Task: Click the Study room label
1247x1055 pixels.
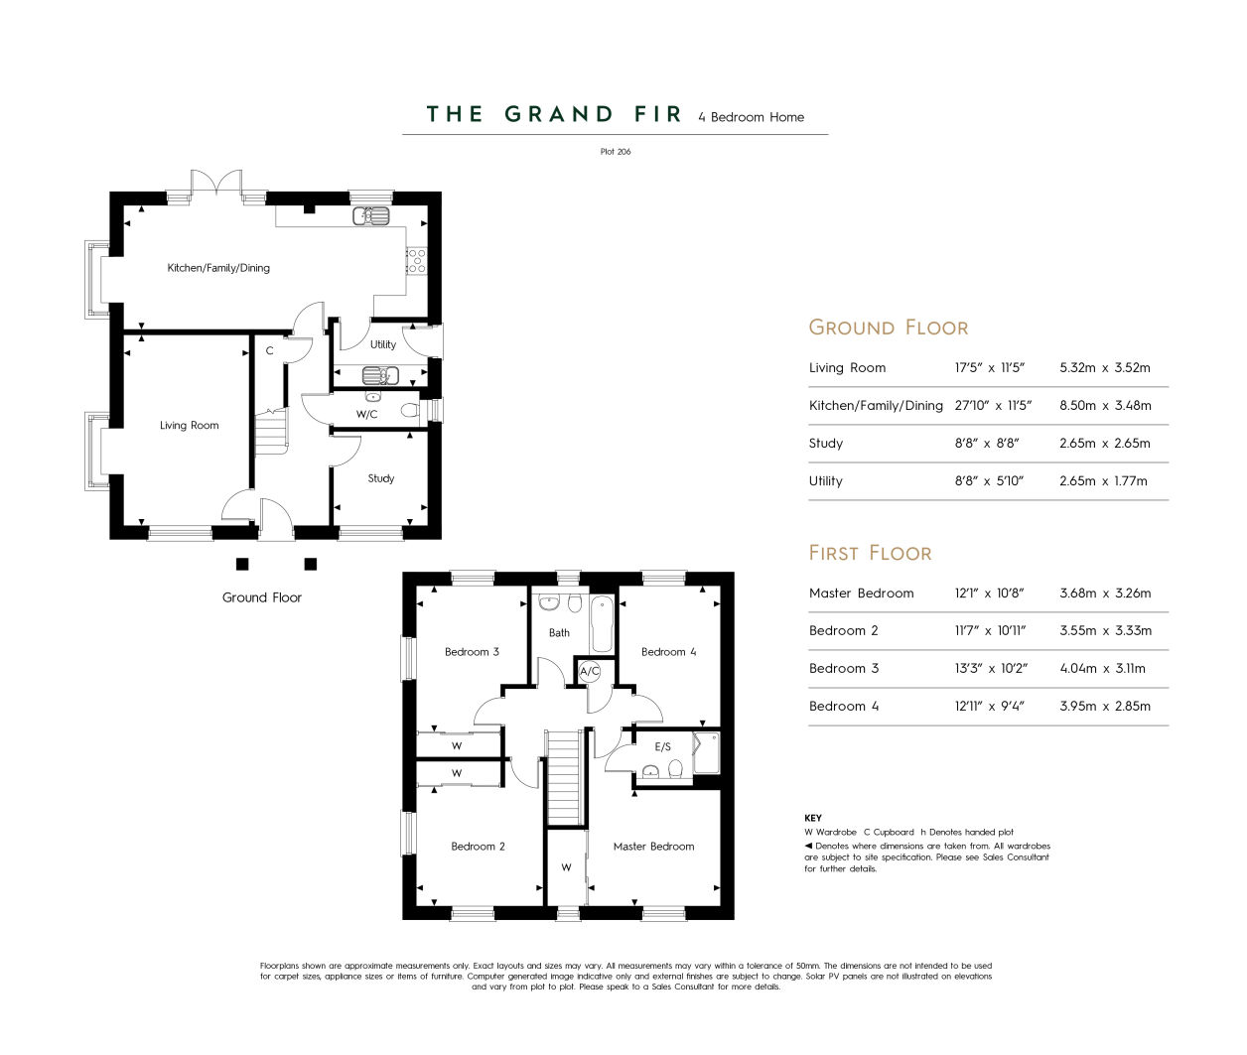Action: tap(380, 478)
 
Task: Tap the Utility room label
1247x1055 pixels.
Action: tap(383, 344)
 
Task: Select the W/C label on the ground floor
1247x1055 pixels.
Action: tap(366, 415)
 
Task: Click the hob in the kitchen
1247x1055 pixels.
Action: tap(417, 261)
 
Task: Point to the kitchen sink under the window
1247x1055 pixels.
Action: tap(371, 216)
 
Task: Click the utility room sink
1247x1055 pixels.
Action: tap(380, 376)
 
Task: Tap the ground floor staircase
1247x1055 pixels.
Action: tap(271, 432)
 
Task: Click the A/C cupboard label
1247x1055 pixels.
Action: tap(590, 671)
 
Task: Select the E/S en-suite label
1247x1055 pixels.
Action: tap(662, 746)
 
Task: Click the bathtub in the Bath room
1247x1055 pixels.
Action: tap(603, 624)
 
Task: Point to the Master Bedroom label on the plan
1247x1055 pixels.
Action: tap(653, 847)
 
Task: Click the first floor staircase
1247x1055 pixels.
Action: tap(564, 777)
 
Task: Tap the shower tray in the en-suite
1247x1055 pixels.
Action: tap(707, 753)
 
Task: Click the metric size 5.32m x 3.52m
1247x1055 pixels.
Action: tap(1105, 368)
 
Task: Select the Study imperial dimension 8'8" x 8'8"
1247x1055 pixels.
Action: tap(986, 444)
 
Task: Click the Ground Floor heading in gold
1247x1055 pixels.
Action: tap(888, 328)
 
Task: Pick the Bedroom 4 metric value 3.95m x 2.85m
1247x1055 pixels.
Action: tap(1105, 707)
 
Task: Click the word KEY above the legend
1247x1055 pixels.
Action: tap(812, 818)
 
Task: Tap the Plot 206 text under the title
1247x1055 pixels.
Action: tap(616, 152)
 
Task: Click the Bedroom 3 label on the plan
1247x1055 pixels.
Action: tap(472, 651)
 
